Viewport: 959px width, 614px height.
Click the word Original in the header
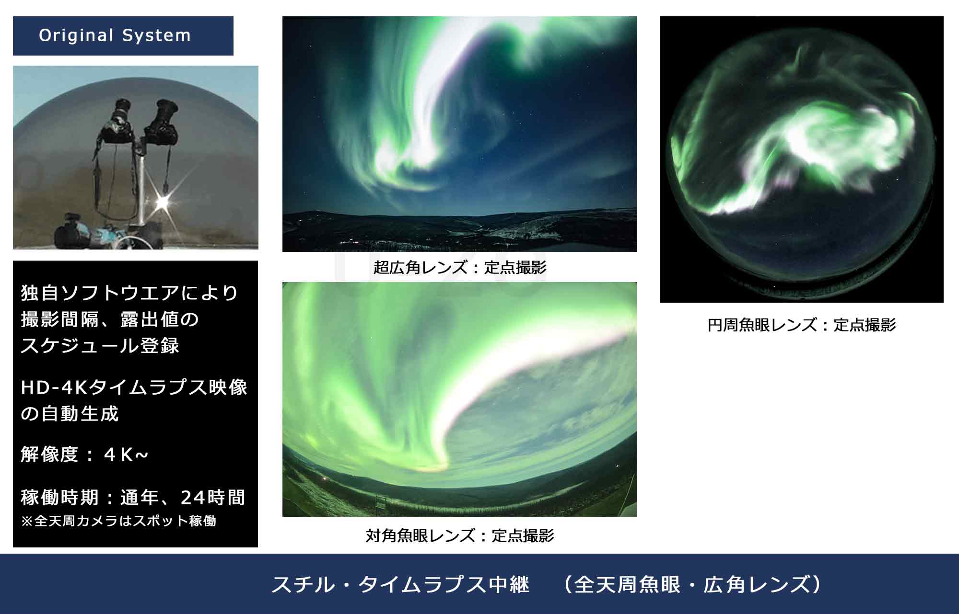(x=76, y=35)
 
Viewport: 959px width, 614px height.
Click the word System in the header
(x=156, y=35)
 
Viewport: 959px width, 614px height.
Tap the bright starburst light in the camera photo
(x=162, y=203)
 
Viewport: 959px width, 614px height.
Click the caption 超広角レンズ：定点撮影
(x=460, y=267)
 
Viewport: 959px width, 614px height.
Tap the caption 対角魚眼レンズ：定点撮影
(x=460, y=535)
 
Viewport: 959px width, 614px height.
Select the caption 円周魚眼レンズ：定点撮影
(x=801, y=325)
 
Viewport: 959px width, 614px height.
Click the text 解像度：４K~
(x=84, y=455)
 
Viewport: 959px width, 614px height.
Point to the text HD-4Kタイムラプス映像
(x=134, y=387)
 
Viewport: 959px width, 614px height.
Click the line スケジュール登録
(x=100, y=345)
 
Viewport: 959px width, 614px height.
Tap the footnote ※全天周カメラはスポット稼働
(x=118, y=521)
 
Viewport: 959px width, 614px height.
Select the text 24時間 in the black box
(x=213, y=498)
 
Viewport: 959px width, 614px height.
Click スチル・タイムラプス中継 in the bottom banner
(x=400, y=585)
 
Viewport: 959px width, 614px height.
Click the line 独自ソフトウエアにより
(x=129, y=293)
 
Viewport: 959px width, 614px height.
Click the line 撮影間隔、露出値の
(x=110, y=319)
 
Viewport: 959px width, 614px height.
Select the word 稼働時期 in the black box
(x=59, y=498)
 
